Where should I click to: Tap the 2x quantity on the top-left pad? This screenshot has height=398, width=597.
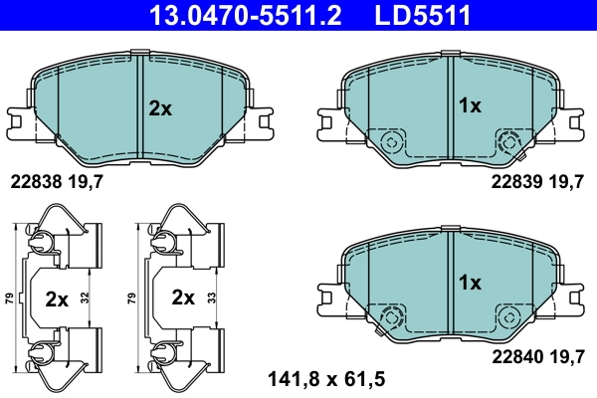[160, 108]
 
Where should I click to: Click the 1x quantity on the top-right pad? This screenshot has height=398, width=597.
[470, 105]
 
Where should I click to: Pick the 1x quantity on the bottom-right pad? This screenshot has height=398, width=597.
[470, 283]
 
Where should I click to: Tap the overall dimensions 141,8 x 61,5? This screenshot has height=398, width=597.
[326, 378]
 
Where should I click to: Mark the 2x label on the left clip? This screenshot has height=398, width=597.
[58, 298]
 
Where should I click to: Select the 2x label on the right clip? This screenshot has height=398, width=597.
[182, 298]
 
